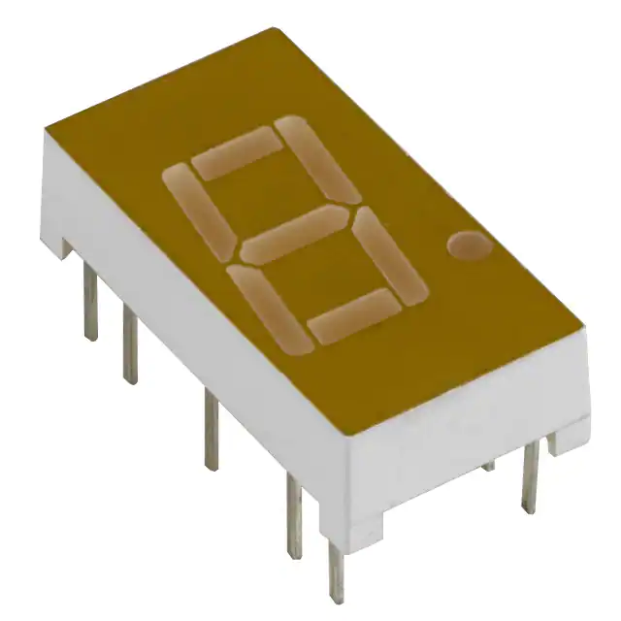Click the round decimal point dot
[470, 246]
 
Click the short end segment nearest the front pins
[352, 316]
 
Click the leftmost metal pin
[89, 303]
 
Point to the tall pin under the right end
[530, 475]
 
